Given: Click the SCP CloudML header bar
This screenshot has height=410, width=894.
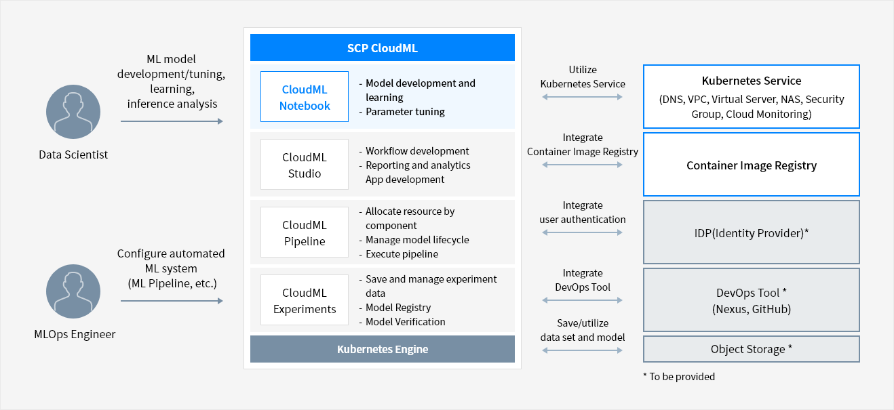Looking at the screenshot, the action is tap(383, 47).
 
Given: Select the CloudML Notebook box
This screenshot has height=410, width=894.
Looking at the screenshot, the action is tap(305, 96).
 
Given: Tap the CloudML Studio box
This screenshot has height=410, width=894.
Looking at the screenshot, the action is tap(305, 164).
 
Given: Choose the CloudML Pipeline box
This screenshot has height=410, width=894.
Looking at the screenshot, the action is tap(305, 232).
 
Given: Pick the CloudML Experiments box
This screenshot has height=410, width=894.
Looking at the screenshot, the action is tap(305, 300).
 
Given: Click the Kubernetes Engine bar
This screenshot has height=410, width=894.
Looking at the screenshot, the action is tap(383, 349).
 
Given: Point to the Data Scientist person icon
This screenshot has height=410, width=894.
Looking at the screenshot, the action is tap(73, 112).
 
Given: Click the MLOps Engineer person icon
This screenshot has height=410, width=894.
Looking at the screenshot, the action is tap(73, 291).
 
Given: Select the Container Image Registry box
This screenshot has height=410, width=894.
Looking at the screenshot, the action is tap(752, 164).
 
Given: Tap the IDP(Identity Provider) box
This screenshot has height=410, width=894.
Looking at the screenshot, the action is tap(752, 232).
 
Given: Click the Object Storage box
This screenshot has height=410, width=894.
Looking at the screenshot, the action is tap(752, 349).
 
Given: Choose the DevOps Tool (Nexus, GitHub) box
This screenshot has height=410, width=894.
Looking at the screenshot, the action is tap(752, 300).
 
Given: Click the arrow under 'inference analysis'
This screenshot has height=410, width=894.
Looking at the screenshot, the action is tap(172, 121).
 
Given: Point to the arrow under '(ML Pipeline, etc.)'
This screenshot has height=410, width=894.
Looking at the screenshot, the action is tap(172, 301).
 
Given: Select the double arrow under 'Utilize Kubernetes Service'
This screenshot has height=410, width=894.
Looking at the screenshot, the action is tap(582, 97).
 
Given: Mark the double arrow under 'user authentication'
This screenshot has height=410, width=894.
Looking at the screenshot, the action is tap(582, 232).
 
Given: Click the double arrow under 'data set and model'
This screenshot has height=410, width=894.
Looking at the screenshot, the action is tap(582, 350).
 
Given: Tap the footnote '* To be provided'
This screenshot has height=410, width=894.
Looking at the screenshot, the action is tap(679, 377).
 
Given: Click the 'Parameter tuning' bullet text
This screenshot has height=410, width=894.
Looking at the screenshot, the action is tap(405, 112).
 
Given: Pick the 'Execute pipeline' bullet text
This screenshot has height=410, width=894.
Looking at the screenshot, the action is tap(402, 254).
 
